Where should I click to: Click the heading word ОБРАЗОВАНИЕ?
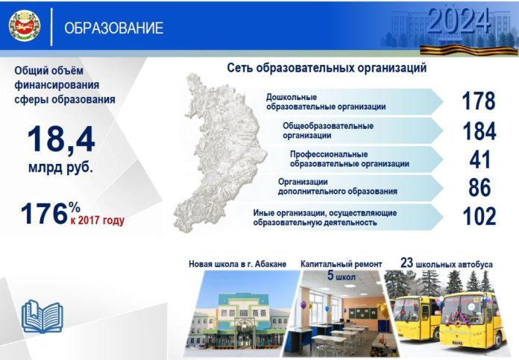pos(114,29)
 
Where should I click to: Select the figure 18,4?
pos(61,139)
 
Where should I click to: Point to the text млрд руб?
pos(61,168)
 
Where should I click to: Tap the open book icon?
pos(42,315)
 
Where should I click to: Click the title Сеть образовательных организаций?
pos(327,69)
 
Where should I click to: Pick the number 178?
pos(478,101)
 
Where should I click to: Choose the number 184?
pos(478,131)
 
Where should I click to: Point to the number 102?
pos(478,216)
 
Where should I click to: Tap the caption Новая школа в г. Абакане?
pos(237,265)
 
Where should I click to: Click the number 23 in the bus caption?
pos(407,262)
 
